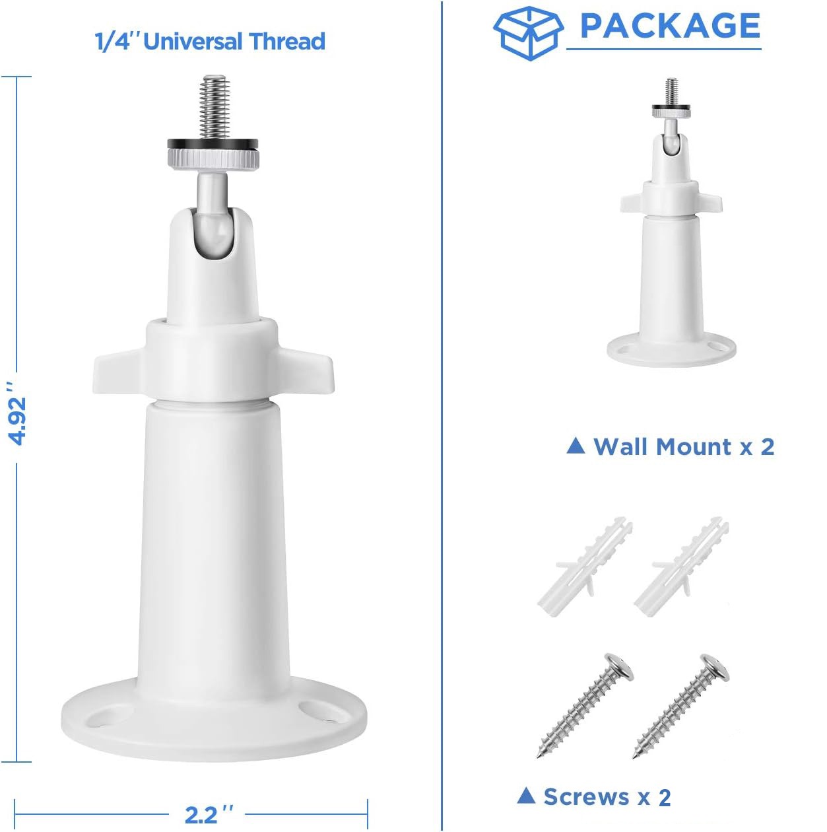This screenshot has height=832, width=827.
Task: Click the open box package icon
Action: [527, 33]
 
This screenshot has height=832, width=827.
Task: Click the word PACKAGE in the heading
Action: [670, 26]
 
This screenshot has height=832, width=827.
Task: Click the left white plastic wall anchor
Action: [584, 566]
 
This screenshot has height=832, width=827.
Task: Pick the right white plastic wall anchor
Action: [680, 566]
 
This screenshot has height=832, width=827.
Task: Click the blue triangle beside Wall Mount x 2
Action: [576, 446]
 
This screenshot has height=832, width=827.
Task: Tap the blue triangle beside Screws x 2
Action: [526, 795]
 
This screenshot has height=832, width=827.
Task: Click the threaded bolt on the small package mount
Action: [671, 93]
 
